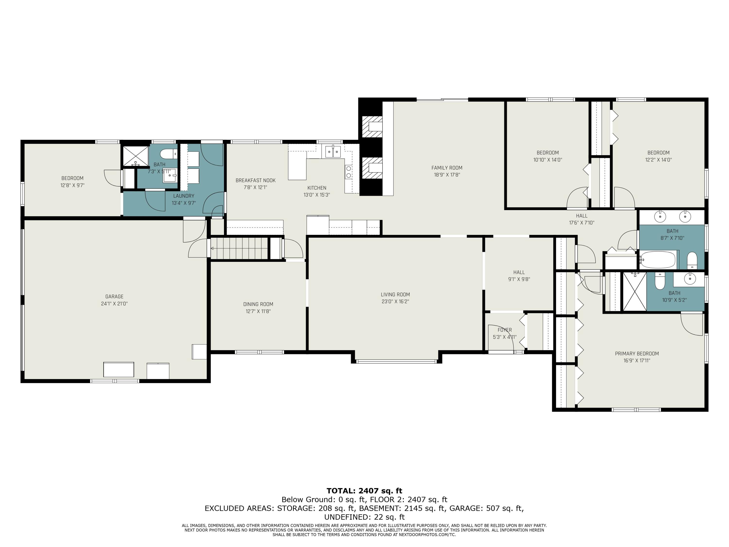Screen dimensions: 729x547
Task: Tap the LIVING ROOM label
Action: (x=395, y=295)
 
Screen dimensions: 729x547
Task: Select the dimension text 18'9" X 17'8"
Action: (x=447, y=175)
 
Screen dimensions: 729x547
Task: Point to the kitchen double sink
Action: (x=333, y=152)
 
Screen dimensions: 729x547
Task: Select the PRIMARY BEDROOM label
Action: (x=637, y=354)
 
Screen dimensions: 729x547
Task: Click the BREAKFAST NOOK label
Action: (x=255, y=180)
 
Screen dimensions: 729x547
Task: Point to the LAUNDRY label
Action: (x=184, y=196)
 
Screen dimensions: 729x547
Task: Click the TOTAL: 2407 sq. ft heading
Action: (x=364, y=491)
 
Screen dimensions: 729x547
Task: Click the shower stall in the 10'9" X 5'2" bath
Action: (x=634, y=291)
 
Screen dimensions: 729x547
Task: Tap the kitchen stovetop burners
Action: (x=348, y=171)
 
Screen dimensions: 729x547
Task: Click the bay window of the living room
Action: (x=397, y=361)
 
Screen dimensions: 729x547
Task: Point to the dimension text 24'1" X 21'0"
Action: (x=114, y=304)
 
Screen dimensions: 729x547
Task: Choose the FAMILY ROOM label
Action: (x=447, y=168)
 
